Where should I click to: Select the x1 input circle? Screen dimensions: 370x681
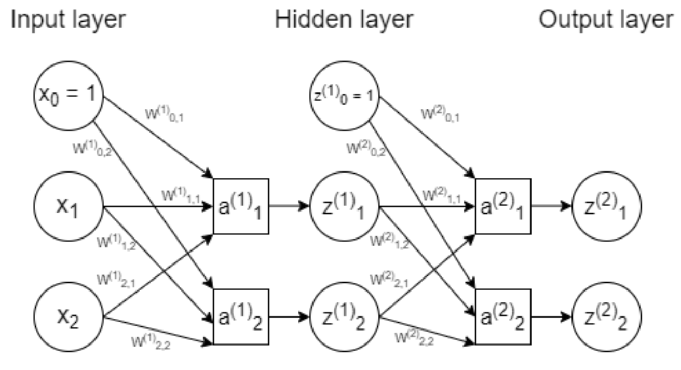pos(69,207)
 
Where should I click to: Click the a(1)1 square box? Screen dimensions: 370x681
pos(241,207)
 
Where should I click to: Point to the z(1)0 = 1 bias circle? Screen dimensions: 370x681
pos(345,96)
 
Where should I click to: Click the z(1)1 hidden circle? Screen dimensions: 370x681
pos(345,207)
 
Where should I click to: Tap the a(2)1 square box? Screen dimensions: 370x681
pos(503,207)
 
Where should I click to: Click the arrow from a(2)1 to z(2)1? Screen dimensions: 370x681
pos(551,207)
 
